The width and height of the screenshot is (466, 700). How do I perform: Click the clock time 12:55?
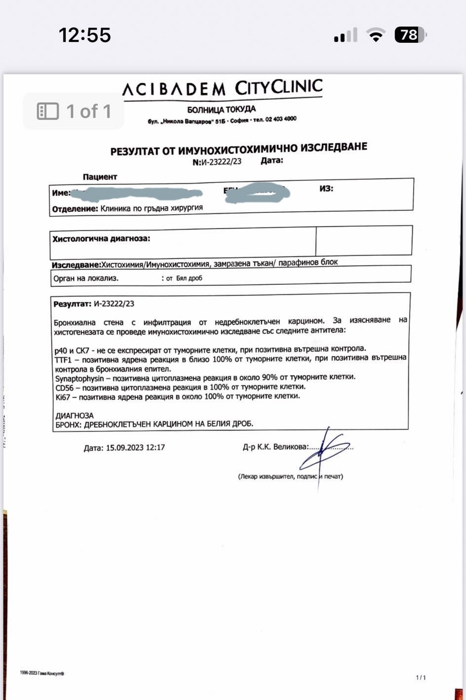click(84, 35)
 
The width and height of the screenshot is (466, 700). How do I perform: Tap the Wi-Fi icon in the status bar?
click(376, 35)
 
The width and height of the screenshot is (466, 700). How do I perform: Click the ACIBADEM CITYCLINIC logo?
click(222, 89)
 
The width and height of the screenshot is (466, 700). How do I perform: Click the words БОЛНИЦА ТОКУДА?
click(222, 110)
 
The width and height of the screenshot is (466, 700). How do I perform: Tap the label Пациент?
click(100, 177)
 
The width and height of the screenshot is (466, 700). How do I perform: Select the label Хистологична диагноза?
click(101, 239)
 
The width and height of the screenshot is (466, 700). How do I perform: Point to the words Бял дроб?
click(189, 278)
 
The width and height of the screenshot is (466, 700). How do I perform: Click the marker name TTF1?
click(64, 360)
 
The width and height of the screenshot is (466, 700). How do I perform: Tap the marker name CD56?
click(65, 388)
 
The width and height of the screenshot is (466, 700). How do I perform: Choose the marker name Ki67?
click(63, 397)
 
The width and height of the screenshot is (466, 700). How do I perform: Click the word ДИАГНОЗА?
click(75, 416)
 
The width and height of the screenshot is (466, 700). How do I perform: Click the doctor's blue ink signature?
click(324, 452)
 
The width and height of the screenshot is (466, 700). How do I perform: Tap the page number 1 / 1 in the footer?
click(421, 678)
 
